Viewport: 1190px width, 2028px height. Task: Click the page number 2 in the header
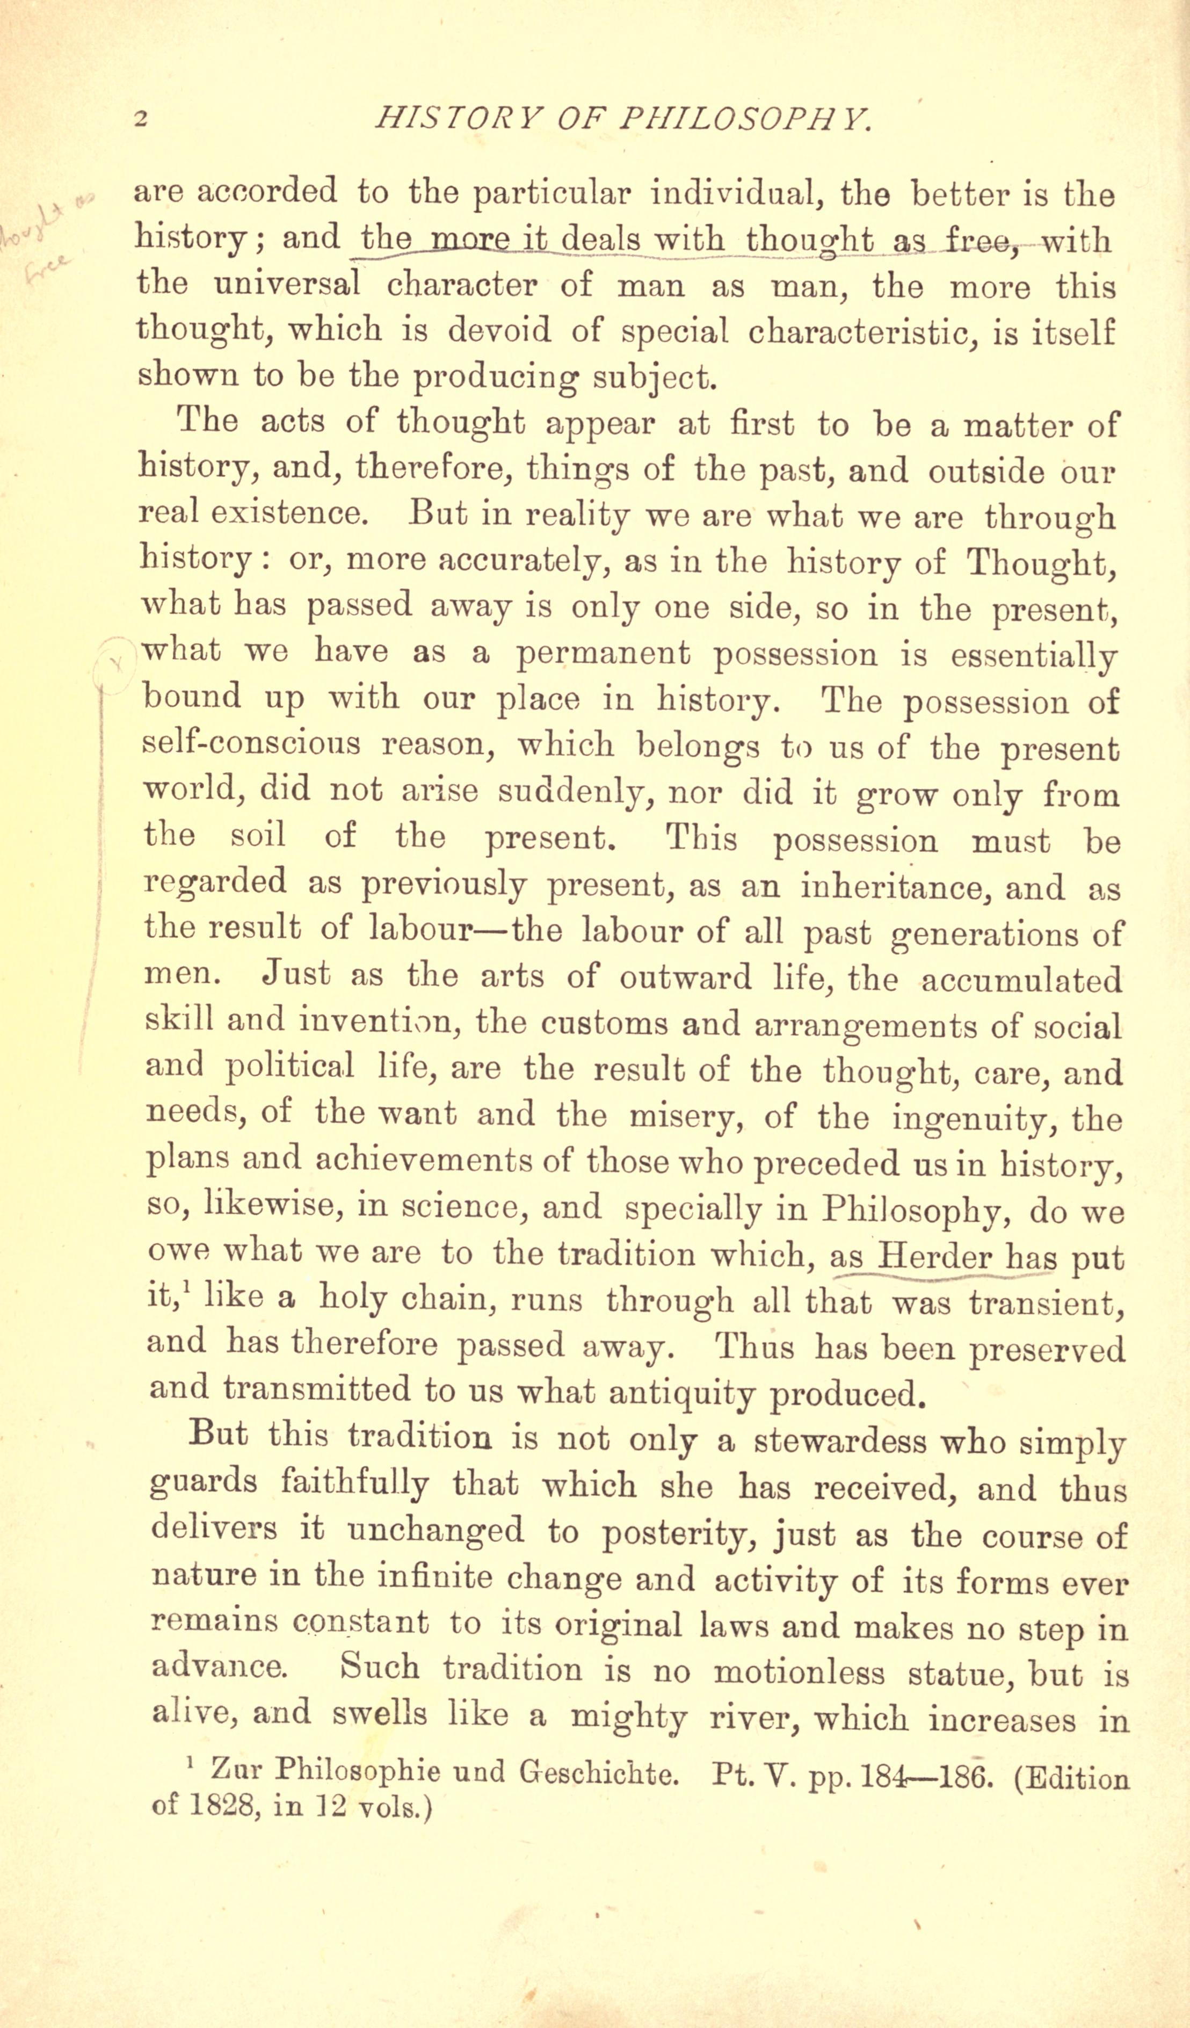click(x=141, y=120)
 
